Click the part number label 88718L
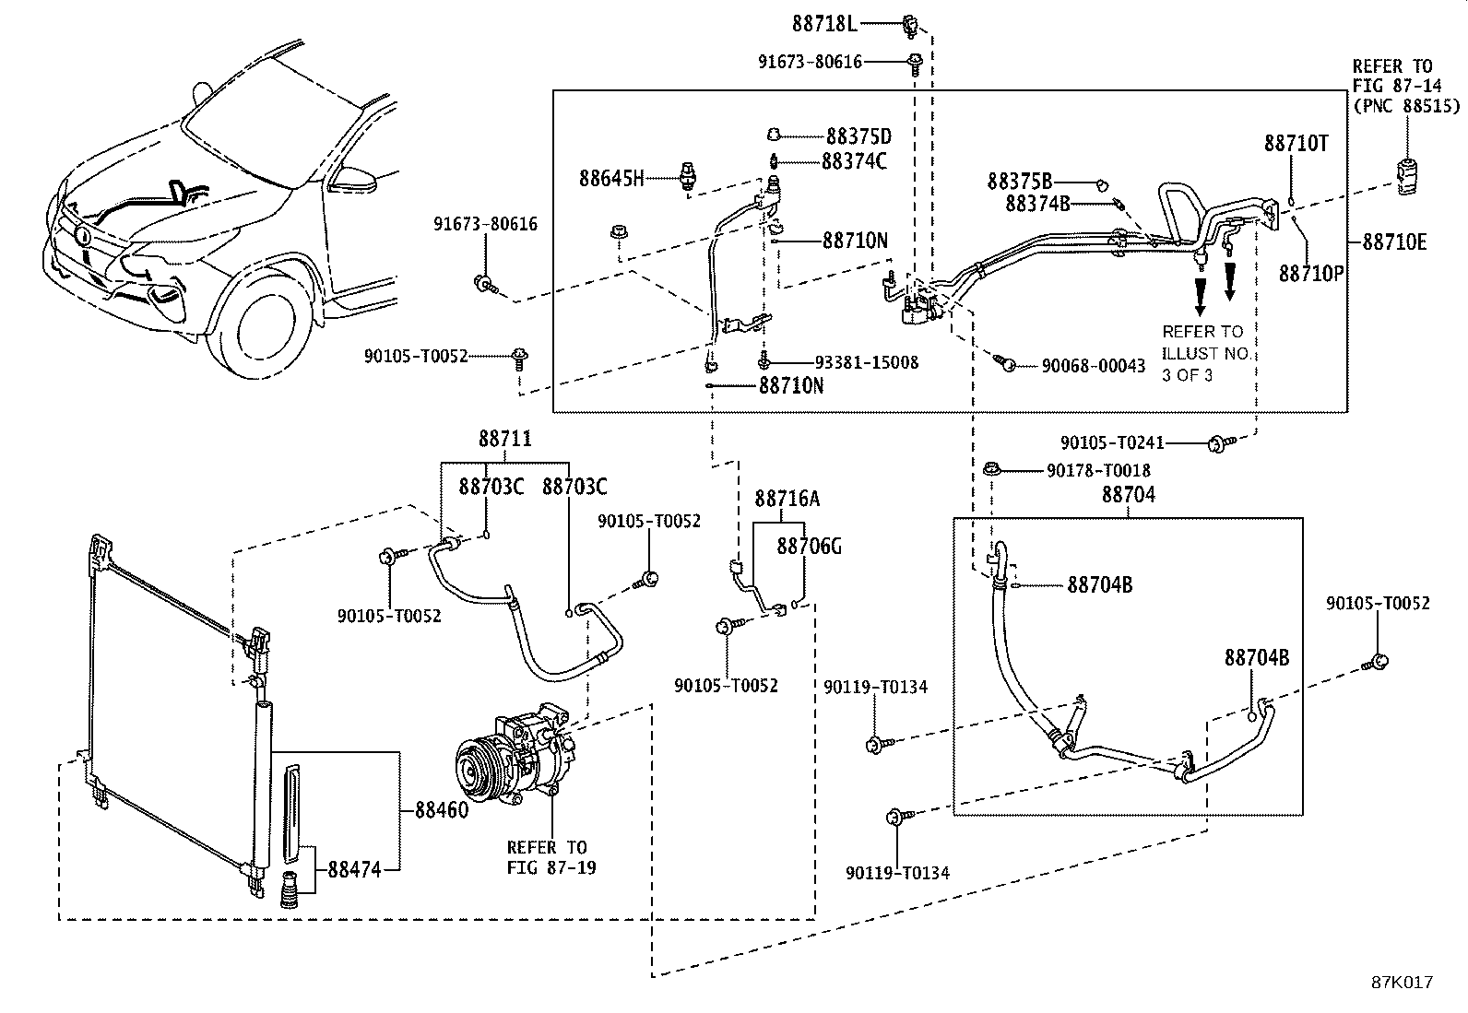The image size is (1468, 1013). pyautogui.click(x=824, y=24)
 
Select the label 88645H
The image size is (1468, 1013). pyautogui.click(x=611, y=178)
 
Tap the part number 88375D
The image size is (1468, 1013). pyautogui.click(x=858, y=136)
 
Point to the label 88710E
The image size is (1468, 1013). pyautogui.click(x=1394, y=242)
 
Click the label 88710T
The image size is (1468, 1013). pyautogui.click(x=1296, y=144)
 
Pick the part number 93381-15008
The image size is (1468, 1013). pyautogui.click(x=867, y=362)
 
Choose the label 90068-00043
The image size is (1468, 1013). pyautogui.click(x=1093, y=366)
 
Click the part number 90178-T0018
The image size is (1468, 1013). pyautogui.click(x=1098, y=470)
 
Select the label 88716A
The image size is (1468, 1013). pyautogui.click(x=787, y=499)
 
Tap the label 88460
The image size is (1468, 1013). pyautogui.click(x=443, y=810)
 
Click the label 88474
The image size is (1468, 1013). pyautogui.click(x=354, y=869)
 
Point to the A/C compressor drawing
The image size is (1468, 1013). pyautogui.click(x=515, y=753)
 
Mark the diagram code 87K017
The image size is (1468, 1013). pyautogui.click(x=1403, y=983)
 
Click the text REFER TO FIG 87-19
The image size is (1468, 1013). pyautogui.click(x=551, y=858)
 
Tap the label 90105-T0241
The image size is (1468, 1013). pyautogui.click(x=1112, y=443)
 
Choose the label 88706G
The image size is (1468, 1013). pyautogui.click(x=810, y=546)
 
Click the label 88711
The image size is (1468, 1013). pyautogui.click(x=504, y=439)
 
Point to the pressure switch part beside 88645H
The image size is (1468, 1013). pyautogui.click(x=686, y=176)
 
